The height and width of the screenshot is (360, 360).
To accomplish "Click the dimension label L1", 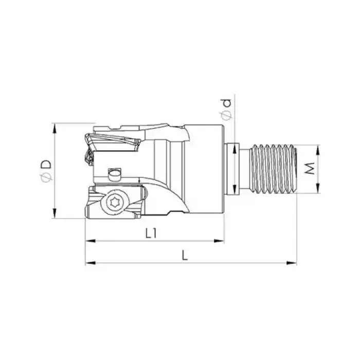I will pyautogui.click(x=150, y=233).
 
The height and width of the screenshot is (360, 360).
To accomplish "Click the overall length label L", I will pyautogui.click(x=184, y=256).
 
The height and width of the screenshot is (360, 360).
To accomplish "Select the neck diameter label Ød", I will pyautogui.click(x=227, y=110).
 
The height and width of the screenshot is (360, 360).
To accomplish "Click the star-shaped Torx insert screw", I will pyautogui.click(x=114, y=204).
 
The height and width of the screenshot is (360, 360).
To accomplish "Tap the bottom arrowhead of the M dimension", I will pyautogui.click(x=319, y=190).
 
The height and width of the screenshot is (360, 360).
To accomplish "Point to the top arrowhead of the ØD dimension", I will pyautogui.click(x=54, y=127).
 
